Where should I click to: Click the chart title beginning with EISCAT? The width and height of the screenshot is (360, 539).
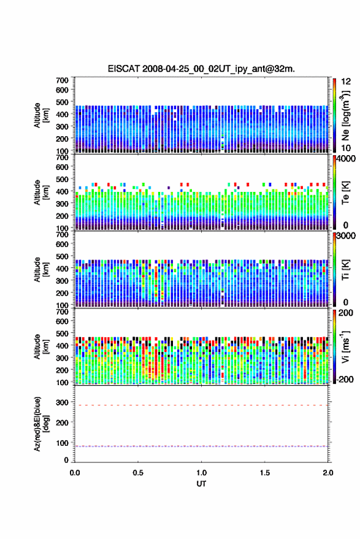(x=201, y=69)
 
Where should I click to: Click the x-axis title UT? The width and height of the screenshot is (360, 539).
(x=202, y=484)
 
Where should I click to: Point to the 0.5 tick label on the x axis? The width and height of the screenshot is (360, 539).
(x=138, y=473)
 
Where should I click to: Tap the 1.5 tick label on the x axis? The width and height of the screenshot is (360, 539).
(x=265, y=473)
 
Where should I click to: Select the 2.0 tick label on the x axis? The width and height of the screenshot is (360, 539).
(x=328, y=473)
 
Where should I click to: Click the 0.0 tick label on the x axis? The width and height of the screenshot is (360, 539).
(x=75, y=473)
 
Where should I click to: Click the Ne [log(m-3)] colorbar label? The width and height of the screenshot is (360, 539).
(x=345, y=116)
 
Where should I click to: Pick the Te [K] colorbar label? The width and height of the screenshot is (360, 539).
(x=345, y=193)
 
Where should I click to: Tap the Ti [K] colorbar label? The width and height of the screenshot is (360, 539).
(x=345, y=270)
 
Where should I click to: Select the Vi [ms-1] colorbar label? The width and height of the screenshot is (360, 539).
(x=345, y=346)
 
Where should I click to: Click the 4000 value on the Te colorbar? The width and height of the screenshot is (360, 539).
(x=346, y=159)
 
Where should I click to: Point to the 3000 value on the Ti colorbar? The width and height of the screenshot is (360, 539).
(x=346, y=236)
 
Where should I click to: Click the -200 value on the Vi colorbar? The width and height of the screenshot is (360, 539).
(x=345, y=380)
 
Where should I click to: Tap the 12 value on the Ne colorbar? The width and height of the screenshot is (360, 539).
(x=346, y=82)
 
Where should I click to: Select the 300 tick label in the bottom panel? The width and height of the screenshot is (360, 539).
(x=62, y=402)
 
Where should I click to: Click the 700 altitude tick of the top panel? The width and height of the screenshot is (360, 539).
(x=62, y=80)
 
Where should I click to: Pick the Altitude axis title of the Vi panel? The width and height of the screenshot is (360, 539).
(x=41, y=346)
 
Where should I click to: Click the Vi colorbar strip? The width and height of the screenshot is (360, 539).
(x=334, y=346)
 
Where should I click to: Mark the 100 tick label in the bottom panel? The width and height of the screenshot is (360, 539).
(x=62, y=443)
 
